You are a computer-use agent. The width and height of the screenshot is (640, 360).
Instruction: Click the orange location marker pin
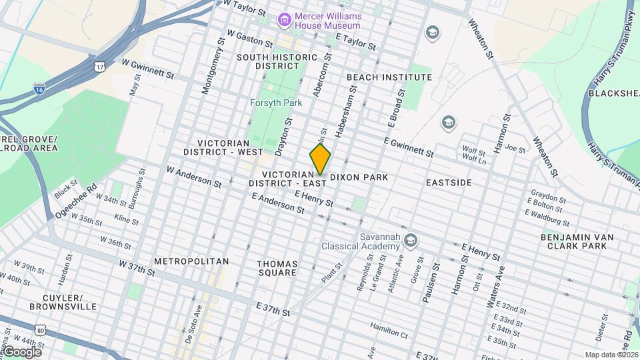point(320,159)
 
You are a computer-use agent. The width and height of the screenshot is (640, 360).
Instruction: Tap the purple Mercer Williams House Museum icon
point(285,20)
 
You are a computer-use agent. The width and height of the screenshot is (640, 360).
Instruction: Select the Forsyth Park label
point(276,103)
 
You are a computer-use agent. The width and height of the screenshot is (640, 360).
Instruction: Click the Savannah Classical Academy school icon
point(411,239)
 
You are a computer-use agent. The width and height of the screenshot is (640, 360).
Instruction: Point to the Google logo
point(21,351)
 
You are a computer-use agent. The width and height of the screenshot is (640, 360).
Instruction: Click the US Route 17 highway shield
point(100,67)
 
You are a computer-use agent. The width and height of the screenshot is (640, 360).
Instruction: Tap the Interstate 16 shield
point(40,88)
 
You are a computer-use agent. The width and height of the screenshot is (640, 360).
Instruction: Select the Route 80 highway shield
point(41,330)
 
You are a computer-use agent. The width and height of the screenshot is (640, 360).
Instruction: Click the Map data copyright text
point(610,355)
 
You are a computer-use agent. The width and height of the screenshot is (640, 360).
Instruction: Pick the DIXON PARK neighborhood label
point(359,179)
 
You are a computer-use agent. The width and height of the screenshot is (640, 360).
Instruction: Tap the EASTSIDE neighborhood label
point(449,182)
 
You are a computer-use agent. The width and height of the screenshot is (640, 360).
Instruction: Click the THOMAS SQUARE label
point(277,268)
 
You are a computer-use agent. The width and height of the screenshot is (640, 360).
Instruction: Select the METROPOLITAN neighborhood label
point(191,261)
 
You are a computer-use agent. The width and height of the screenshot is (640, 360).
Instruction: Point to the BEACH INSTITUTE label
point(389,77)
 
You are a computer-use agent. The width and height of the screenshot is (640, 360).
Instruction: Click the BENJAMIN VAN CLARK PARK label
point(578,241)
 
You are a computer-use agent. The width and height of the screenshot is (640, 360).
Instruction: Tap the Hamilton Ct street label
point(389,327)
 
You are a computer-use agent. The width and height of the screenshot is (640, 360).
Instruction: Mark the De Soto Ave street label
point(191,327)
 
